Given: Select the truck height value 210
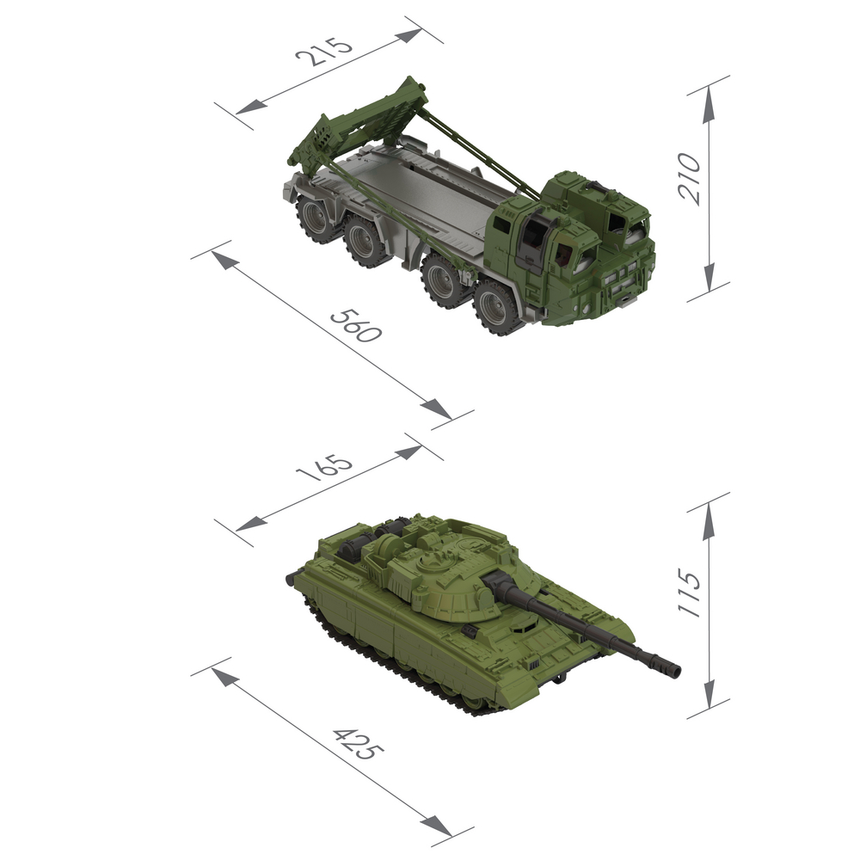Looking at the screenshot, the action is [x=690, y=180].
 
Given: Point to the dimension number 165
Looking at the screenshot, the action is [x=323, y=467].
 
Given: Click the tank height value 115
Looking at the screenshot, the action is [x=690, y=593].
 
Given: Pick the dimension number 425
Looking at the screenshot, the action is [x=358, y=744].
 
